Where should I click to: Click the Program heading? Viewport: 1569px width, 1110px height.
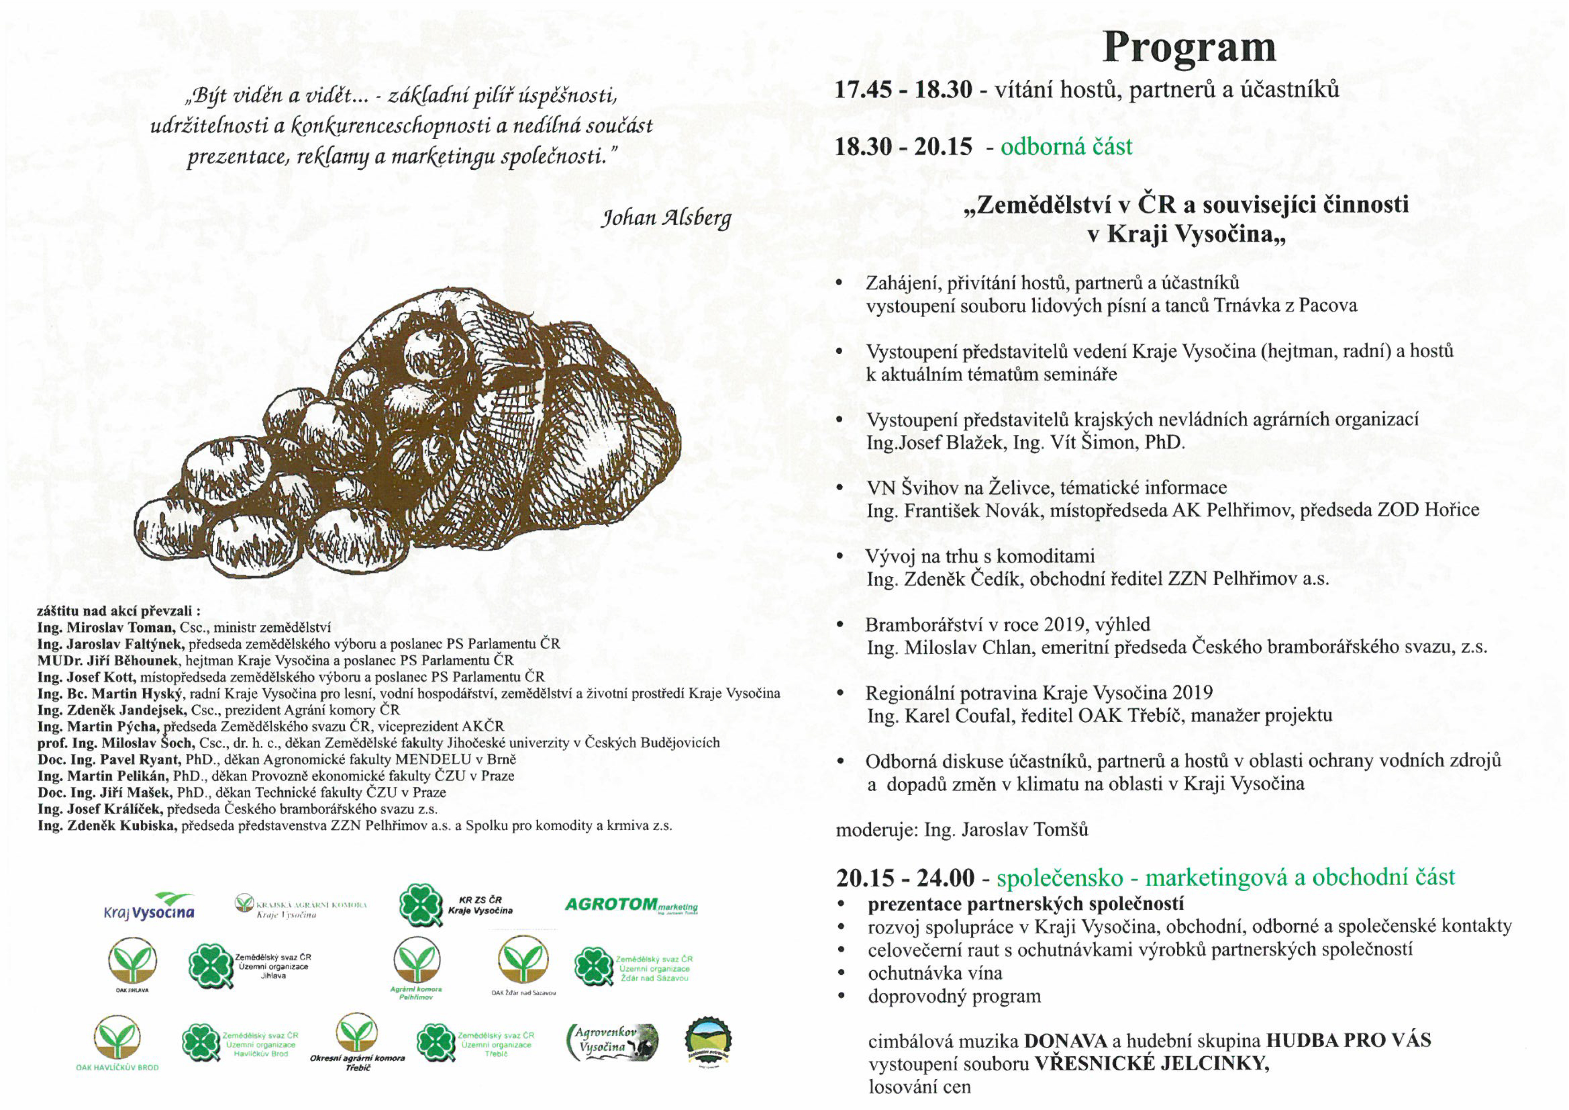coord(1188,48)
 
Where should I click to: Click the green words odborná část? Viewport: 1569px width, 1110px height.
coord(1066,147)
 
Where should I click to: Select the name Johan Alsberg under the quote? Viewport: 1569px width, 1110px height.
coord(665,218)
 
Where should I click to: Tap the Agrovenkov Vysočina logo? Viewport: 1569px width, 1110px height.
coord(612,1041)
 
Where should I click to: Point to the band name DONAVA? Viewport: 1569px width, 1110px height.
coord(1065,1041)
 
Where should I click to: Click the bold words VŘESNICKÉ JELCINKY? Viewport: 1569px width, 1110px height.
coord(1152,1064)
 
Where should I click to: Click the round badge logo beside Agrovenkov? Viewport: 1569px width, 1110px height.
coord(708,1041)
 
